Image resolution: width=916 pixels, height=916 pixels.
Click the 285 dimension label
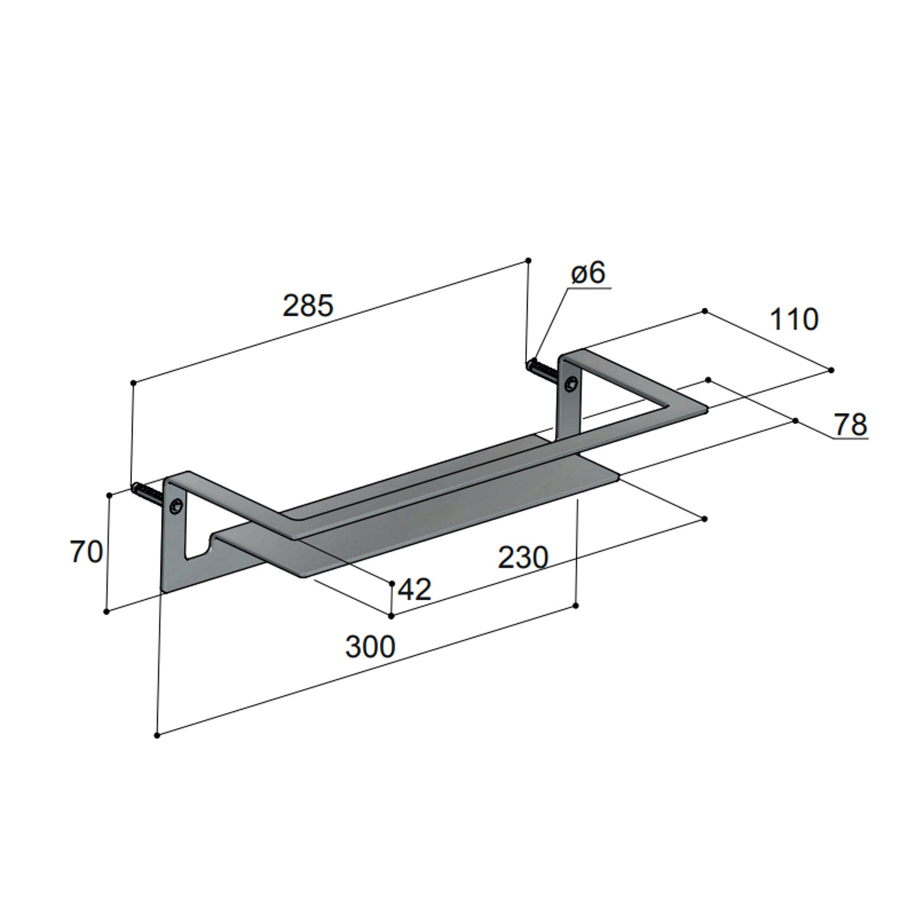coord(308,305)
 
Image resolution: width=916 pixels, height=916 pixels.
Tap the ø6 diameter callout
coord(588,274)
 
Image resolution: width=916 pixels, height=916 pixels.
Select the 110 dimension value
coord(793,319)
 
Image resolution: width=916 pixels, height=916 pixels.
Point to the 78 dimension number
coord(851,424)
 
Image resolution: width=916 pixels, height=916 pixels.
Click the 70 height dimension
coord(86,553)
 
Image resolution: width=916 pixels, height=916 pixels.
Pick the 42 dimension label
coord(415,589)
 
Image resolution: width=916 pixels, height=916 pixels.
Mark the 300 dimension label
coord(370,647)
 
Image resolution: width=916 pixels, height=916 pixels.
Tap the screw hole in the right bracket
coord(570,385)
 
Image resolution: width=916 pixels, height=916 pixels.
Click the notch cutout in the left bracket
coord(199,547)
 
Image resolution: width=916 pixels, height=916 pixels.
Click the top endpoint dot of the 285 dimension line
coord(528,261)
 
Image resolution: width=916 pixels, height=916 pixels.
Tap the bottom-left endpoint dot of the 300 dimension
coord(157,735)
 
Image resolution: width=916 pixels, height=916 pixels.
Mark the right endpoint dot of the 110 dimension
coord(831,370)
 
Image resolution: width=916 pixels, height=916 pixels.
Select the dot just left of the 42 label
coord(392,584)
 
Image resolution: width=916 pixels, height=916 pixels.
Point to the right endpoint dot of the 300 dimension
coord(576,606)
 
